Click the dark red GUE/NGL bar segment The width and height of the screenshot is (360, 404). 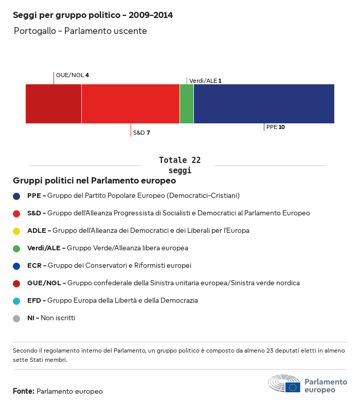pyautogui.click(x=53, y=104)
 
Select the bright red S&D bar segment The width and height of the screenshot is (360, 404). pyautogui.click(x=131, y=104)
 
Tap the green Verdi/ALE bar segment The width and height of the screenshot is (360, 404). pyautogui.click(x=187, y=104)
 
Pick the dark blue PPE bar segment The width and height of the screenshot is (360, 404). pyautogui.click(x=264, y=104)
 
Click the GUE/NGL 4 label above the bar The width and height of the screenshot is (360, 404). pyautogui.click(x=72, y=75)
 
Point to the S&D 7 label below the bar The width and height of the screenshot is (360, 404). pyautogui.click(x=141, y=133)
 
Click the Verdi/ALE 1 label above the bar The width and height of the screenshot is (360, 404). pyautogui.click(x=205, y=81)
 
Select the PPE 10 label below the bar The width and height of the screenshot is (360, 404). pyautogui.click(x=275, y=127)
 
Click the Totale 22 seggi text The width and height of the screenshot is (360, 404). pyautogui.click(x=179, y=165)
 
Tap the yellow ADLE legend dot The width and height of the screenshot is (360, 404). pyautogui.click(x=16, y=231)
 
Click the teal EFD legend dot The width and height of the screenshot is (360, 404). pyautogui.click(x=16, y=301)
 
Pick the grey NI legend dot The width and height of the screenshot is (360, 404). pyautogui.click(x=16, y=318)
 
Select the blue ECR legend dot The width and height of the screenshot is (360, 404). pyautogui.click(x=16, y=266)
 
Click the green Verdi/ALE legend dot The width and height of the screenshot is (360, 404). pyautogui.click(x=16, y=248)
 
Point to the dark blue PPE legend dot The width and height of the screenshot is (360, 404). pyautogui.click(x=16, y=196)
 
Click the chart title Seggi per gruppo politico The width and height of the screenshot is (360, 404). pyautogui.click(x=93, y=15)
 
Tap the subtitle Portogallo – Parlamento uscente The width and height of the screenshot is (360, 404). pyautogui.click(x=80, y=31)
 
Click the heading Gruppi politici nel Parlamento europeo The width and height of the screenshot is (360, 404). pyautogui.click(x=95, y=180)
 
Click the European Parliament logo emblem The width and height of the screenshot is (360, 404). pyautogui.click(x=284, y=383)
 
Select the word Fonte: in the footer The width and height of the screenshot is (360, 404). pyautogui.click(x=24, y=391)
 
